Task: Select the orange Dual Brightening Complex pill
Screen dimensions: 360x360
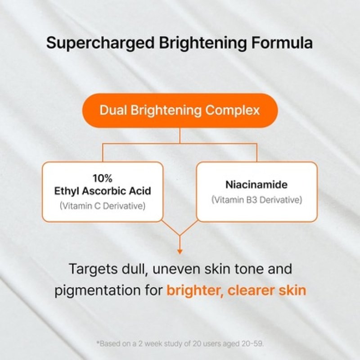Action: point(180,110)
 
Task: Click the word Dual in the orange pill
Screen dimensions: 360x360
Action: point(112,110)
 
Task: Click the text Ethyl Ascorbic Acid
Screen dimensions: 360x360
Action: point(102,191)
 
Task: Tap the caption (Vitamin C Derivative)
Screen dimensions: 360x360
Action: point(102,206)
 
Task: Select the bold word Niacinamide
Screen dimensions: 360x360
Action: point(257,185)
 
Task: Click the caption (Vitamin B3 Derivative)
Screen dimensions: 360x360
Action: point(257,199)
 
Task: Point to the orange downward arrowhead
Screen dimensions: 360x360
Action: point(180,251)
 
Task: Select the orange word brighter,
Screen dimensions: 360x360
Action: point(194,290)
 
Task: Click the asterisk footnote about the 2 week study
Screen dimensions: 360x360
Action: point(180,343)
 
